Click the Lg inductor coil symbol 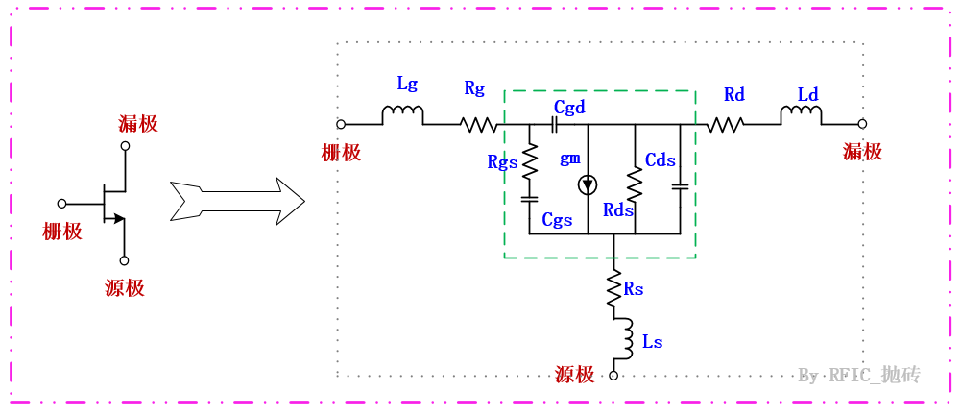pyautogui.click(x=402, y=115)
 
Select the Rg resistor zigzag pyautogui.click(x=478, y=125)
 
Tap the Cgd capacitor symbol pyautogui.click(x=555, y=125)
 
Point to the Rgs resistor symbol pyautogui.click(x=529, y=161)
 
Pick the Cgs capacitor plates pyautogui.click(x=529, y=199)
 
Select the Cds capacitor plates pyautogui.click(x=681, y=186)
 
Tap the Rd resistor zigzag pyautogui.click(x=725, y=125)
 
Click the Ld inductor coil pyautogui.click(x=801, y=115)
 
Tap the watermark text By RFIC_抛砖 pyautogui.click(x=858, y=376)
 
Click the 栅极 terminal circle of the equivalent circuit pyautogui.click(x=342, y=125)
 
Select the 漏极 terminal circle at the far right pyautogui.click(x=862, y=125)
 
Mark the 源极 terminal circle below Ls pyautogui.click(x=613, y=375)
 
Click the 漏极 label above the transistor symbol pyautogui.click(x=138, y=123)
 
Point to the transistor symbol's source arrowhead pyautogui.click(x=119, y=218)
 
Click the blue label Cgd pyautogui.click(x=569, y=107)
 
